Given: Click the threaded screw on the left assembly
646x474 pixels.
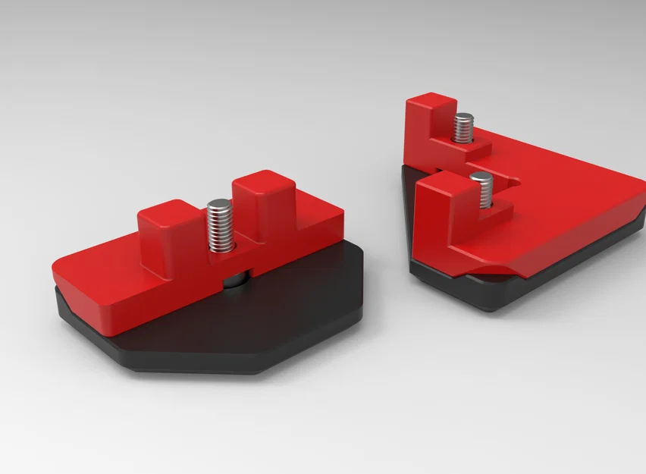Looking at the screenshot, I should click(x=220, y=226).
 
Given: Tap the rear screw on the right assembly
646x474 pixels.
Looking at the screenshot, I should click(x=463, y=127).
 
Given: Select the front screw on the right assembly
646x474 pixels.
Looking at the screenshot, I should click(x=481, y=190).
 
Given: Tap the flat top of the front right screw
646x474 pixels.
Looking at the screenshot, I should click(x=481, y=177).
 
